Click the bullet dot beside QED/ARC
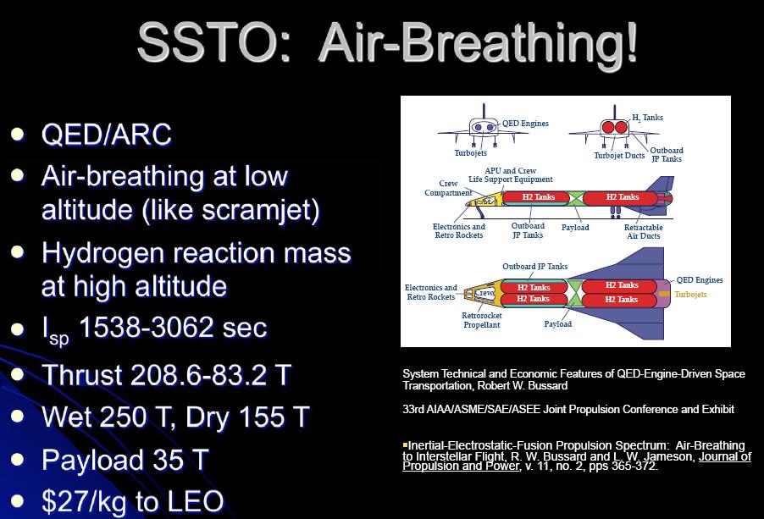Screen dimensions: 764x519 point(18,134)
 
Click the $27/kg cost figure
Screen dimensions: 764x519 point(86,502)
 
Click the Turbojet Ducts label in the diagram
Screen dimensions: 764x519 point(619,156)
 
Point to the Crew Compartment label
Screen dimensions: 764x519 point(448,188)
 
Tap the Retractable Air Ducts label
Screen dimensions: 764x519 point(643,232)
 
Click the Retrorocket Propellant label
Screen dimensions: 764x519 point(481,320)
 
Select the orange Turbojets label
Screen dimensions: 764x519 point(690,294)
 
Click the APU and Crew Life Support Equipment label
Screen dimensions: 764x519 point(510,174)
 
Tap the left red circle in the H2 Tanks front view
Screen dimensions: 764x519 point(608,128)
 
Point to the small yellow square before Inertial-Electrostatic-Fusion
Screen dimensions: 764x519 point(405,444)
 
